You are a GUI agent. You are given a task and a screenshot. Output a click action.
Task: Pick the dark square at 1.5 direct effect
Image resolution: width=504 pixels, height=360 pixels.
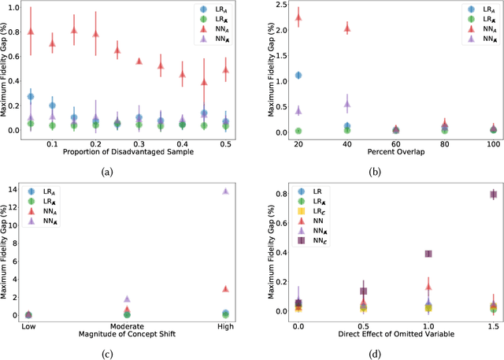[x=493, y=195]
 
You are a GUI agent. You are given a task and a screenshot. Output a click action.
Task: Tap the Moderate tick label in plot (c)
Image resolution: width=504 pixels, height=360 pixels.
[x=128, y=322]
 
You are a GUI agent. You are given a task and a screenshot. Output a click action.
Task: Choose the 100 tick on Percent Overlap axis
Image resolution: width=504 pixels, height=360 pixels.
[x=493, y=139]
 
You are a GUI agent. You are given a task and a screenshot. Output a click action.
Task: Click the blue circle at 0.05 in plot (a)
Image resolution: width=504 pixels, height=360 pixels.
[x=31, y=96]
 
